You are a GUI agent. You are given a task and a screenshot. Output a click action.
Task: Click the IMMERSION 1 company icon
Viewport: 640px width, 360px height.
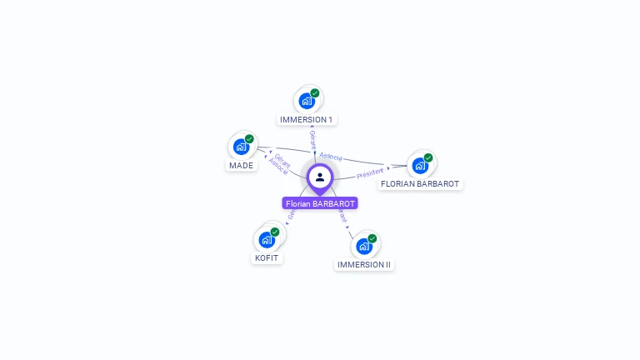click(x=307, y=101)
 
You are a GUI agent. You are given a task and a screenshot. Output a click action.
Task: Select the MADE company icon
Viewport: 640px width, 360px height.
click(x=241, y=147)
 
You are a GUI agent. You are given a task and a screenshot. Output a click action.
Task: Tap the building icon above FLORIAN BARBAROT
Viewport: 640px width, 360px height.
click(x=420, y=165)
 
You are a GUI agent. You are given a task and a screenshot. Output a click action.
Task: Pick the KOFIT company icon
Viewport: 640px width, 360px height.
click(x=267, y=240)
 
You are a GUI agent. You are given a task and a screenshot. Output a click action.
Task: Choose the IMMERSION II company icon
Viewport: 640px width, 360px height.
click(x=363, y=246)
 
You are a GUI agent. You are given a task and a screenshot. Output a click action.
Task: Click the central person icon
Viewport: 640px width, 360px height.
click(x=320, y=177)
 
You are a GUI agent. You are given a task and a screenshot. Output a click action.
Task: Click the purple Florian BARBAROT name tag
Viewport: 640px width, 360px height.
click(x=320, y=203)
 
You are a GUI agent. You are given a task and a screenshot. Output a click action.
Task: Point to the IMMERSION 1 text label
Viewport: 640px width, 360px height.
click(x=307, y=120)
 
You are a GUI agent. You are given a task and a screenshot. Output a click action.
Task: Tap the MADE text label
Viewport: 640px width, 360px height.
click(x=242, y=166)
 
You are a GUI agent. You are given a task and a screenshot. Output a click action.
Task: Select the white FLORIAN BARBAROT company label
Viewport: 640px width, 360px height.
click(x=420, y=184)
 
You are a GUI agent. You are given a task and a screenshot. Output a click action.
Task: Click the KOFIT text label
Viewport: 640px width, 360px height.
click(x=267, y=258)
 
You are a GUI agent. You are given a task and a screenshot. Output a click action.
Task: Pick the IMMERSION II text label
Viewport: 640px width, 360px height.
click(x=364, y=265)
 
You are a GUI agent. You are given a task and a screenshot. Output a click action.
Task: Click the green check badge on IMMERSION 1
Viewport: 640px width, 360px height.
click(x=315, y=93)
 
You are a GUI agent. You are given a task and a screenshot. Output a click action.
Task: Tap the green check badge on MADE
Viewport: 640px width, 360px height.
click(x=249, y=139)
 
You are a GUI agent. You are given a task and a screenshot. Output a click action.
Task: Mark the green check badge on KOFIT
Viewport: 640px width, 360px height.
click(x=275, y=232)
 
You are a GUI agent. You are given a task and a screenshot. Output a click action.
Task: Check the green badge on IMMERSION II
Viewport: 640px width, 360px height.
click(x=372, y=238)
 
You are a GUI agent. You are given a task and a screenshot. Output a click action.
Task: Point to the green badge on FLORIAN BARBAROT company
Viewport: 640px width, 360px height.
click(x=428, y=157)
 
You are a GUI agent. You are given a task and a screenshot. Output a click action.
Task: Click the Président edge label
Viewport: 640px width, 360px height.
click(x=370, y=173)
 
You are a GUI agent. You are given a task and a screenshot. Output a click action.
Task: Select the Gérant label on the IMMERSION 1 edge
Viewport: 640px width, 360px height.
click(x=312, y=139)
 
